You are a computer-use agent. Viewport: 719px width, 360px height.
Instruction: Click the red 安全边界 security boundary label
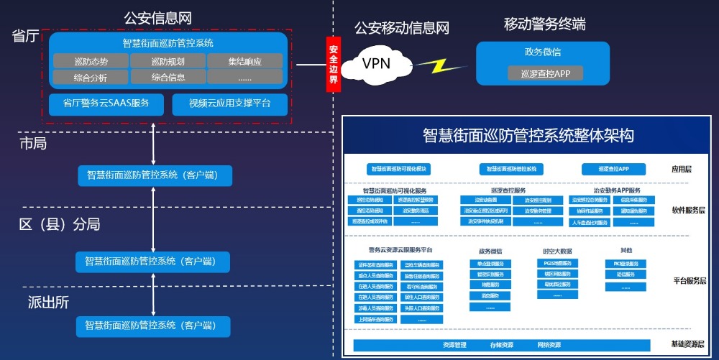333,65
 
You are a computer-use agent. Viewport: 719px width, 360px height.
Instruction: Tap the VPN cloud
376,64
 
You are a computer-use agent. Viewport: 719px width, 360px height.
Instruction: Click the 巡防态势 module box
91,61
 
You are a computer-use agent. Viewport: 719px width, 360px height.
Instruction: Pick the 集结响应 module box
245,61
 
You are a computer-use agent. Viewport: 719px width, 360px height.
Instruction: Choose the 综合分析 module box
91,77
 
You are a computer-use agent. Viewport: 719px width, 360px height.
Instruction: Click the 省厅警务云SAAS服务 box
106,103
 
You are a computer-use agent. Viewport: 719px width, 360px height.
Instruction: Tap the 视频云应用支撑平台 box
229,103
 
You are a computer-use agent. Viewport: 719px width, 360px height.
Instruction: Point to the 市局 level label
33,144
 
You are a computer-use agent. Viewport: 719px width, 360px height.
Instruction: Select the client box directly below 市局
154,175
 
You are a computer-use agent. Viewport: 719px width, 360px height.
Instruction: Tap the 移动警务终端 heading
544,24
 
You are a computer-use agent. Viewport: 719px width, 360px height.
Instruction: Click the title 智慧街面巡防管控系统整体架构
528,135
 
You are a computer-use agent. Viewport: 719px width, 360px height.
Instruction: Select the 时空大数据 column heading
557,251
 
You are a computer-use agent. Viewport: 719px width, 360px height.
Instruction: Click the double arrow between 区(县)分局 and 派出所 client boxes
154,295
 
